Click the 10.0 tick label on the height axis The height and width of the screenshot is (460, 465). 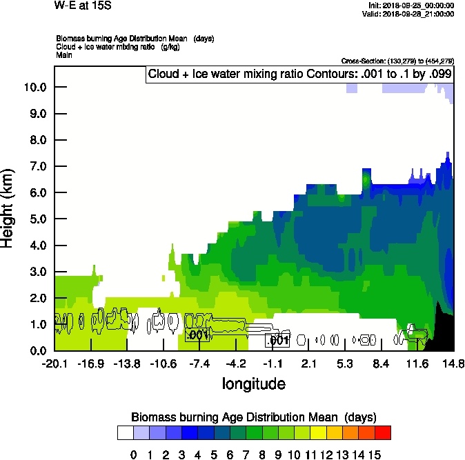(x=34, y=87)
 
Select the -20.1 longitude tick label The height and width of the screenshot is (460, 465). (x=54, y=363)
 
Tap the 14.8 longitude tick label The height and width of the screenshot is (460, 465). (x=453, y=363)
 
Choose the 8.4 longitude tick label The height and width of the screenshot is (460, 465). (x=381, y=363)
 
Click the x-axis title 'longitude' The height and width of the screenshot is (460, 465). (x=253, y=383)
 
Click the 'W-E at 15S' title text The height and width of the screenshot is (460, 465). (x=82, y=5)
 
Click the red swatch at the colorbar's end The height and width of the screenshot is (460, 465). (x=383, y=433)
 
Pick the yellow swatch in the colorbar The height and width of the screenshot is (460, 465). (x=317, y=433)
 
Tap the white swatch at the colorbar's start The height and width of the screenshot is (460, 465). (x=126, y=433)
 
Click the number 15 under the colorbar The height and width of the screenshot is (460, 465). (x=375, y=454)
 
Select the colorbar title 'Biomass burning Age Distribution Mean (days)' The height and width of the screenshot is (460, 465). (x=253, y=417)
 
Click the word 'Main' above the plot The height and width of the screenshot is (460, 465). (x=64, y=54)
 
